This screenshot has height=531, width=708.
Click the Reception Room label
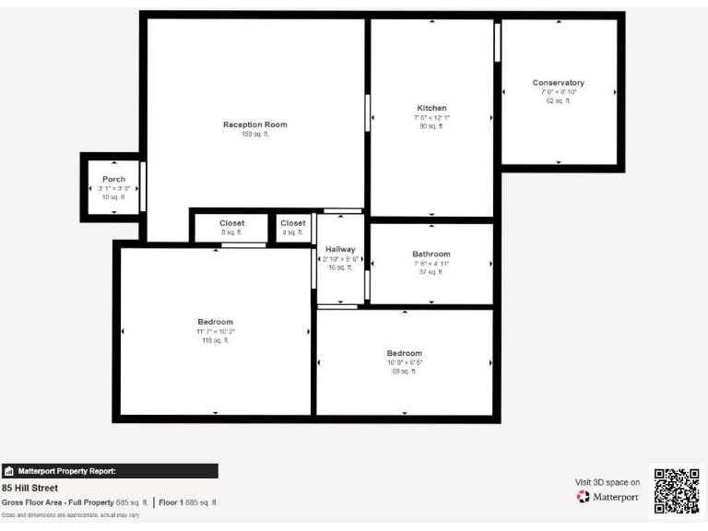pyautogui.click(x=255, y=124)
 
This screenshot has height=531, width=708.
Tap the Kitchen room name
pyautogui.click(x=431, y=108)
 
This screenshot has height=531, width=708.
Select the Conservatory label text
pyautogui.click(x=558, y=83)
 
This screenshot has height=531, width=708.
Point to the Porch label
pyautogui.click(x=113, y=179)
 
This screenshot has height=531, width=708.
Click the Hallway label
pyautogui.click(x=340, y=249)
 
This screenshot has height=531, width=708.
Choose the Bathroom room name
pyautogui.click(x=431, y=254)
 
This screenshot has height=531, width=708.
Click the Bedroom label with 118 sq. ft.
pyautogui.click(x=216, y=322)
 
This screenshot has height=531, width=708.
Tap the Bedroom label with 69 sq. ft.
pyautogui.click(x=404, y=353)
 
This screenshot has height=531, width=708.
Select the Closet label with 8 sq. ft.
pyautogui.click(x=231, y=223)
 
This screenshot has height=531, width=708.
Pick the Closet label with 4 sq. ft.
pyautogui.click(x=293, y=223)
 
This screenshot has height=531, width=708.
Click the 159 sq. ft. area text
pyautogui.click(x=255, y=135)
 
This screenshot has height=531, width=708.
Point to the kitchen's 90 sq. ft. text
pyautogui.click(x=431, y=126)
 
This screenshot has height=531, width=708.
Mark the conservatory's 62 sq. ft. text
pyautogui.click(x=558, y=100)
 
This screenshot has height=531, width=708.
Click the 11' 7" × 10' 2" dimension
pyautogui.click(x=216, y=331)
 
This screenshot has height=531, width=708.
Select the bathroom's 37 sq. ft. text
pyautogui.click(x=431, y=272)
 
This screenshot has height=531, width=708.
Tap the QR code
pyautogui.click(x=676, y=490)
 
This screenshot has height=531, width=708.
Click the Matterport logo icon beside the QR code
pyautogui.click(x=583, y=497)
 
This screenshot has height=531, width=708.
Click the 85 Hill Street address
pyautogui.click(x=30, y=488)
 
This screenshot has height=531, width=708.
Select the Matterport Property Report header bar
pyautogui.click(x=110, y=471)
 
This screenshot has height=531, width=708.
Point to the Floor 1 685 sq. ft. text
pyautogui.click(x=188, y=502)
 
